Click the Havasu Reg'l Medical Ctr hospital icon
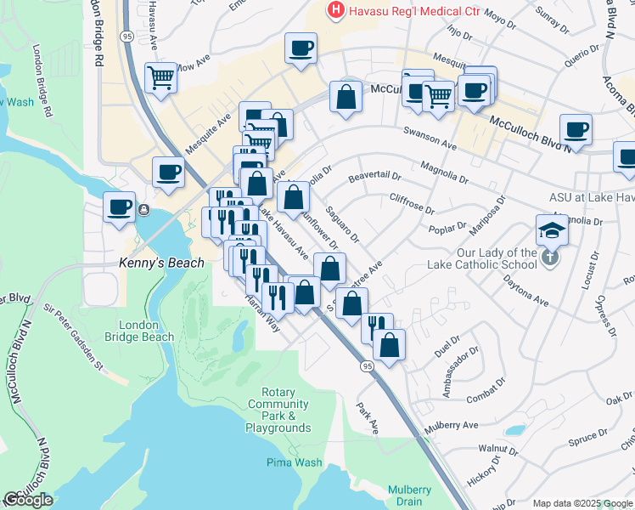tap(336, 10)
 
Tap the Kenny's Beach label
tap(162, 263)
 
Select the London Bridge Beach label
tap(145, 331)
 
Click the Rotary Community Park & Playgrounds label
tap(279, 410)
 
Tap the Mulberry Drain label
tap(409, 496)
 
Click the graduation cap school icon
tap(551, 229)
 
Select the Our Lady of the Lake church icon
tap(551, 257)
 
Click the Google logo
tap(27, 501)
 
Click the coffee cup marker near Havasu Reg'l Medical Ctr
tap(301, 48)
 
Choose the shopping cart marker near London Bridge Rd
tap(160, 77)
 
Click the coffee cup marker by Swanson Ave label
tap(576, 129)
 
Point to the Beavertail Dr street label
tap(374, 177)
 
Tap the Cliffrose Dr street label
tap(413, 203)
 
